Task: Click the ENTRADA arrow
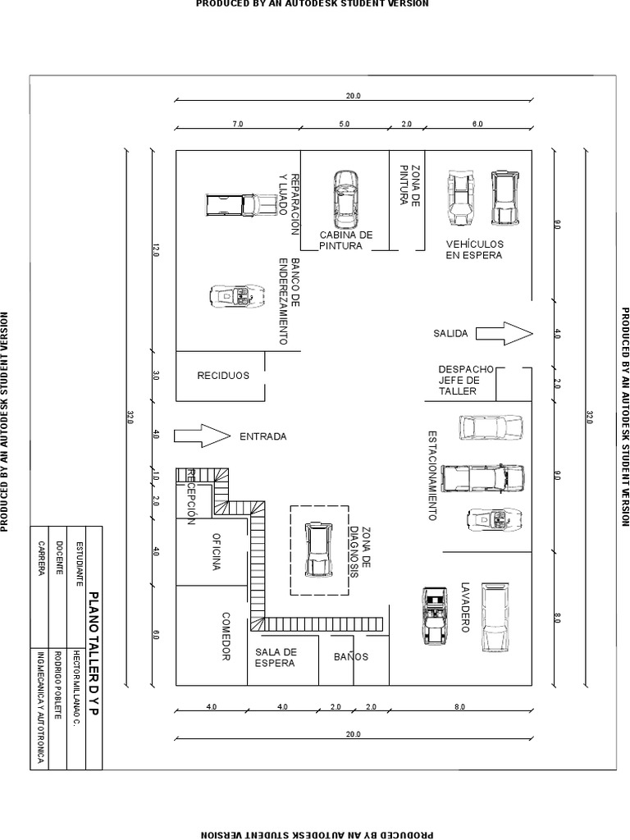[202, 436]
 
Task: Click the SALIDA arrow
[504, 333]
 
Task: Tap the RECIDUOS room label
[223, 376]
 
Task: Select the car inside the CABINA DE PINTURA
[345, 200]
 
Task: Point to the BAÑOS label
[351, 657]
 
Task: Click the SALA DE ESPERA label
[276, 657]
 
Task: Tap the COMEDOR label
[226, 637]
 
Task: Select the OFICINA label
[217, 551]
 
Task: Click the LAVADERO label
[465, 607]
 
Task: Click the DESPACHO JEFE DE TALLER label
[466, 381]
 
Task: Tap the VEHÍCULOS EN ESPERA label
[475, 249]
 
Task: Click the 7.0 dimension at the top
[237, 124]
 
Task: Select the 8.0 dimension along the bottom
[459, 706]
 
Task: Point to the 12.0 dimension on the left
[155, 250]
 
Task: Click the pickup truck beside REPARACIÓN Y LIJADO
[240, 204]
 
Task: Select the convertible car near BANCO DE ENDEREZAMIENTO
[237, 295]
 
